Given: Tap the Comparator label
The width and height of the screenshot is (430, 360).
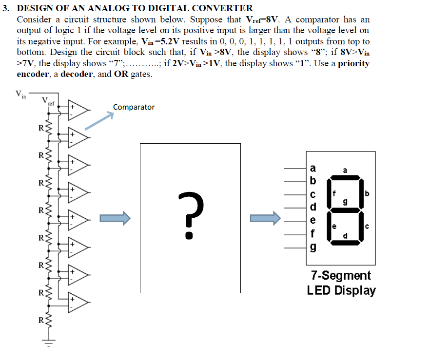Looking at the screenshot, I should point(134,107).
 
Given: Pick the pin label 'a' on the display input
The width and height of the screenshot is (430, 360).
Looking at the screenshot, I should point(313,169).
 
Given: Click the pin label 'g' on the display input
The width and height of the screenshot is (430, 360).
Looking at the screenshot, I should point(313,248).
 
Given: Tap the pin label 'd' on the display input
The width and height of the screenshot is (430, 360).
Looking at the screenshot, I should point(313,208).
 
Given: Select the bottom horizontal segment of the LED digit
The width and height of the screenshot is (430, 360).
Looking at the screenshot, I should point(346,243).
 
